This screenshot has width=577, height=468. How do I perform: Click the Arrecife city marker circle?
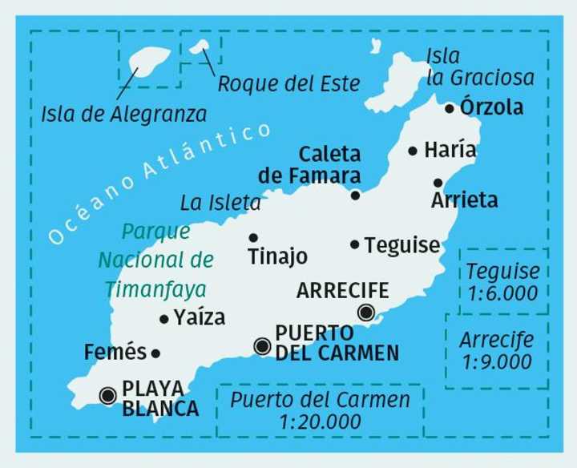coord(366,313)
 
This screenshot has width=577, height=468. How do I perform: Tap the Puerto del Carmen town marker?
coord(261,345)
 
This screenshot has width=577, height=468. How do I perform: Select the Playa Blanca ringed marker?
coord(108,394)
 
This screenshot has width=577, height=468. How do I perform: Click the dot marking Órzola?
coord(450,107)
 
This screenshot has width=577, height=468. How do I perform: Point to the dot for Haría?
coord(413,150)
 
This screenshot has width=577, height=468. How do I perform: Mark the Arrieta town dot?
coord(438,182)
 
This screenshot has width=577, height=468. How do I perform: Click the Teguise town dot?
coord(355,244)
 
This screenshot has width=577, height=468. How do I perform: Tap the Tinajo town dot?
coord(253,236)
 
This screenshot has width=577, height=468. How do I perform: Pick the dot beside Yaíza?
coord(164,318)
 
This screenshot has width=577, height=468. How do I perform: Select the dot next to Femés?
coord(156,352)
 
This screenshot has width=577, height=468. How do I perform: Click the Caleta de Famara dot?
coord(356,194)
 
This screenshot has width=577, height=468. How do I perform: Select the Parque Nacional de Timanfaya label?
coord(155,260)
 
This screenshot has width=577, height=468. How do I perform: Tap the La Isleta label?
coord(220,204)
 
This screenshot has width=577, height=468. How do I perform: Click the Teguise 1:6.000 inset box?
coord(502,282)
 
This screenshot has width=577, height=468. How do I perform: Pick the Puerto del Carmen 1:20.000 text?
coord(319,409)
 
